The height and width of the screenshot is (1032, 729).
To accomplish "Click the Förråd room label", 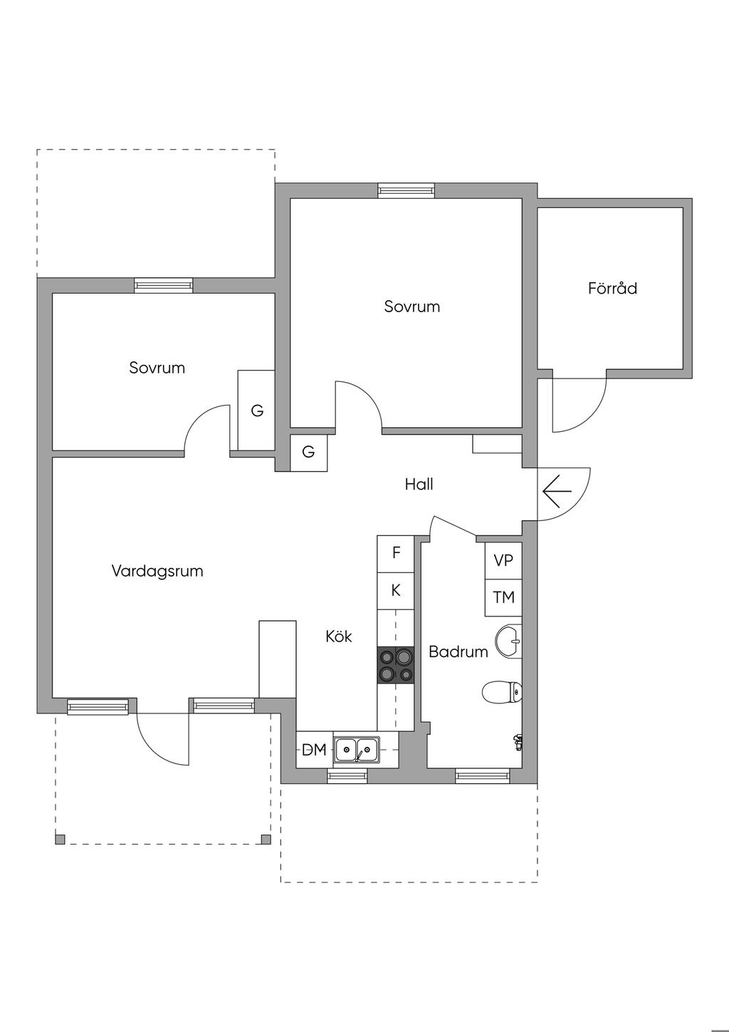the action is pos(612,289).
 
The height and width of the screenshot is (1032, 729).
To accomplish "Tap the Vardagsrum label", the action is pos(157,571).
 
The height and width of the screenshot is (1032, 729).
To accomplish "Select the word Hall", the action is pos(419,485).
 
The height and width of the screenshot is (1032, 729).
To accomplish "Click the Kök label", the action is pos(339,636).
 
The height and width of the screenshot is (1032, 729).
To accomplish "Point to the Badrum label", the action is pos(458,651).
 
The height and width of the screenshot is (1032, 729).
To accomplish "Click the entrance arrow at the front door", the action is pos(557,491).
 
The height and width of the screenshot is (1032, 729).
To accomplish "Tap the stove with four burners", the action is pos(395,665).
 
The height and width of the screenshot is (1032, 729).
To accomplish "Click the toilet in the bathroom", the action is pos(503,691).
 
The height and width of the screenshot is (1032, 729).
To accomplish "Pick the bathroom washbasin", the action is pos(510,640).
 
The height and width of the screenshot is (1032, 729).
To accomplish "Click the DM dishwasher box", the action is pos(314,750).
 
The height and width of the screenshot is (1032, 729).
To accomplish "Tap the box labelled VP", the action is pos(503,561).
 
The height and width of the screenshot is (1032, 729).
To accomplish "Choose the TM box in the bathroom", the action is pos(503,597).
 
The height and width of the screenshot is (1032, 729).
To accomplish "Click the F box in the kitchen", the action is pos(396,553).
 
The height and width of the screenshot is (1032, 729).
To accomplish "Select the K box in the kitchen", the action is pos(396,591).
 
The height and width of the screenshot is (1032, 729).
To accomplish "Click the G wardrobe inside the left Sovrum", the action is pos(256,411).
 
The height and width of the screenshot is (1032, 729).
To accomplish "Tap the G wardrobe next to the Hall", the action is pos(308,452).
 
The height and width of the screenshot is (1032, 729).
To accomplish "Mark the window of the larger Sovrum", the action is pos(406,190).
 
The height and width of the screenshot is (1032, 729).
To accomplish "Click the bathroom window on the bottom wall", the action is pos(483,775).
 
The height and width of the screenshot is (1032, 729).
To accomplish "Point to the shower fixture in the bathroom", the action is pos(518,742).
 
